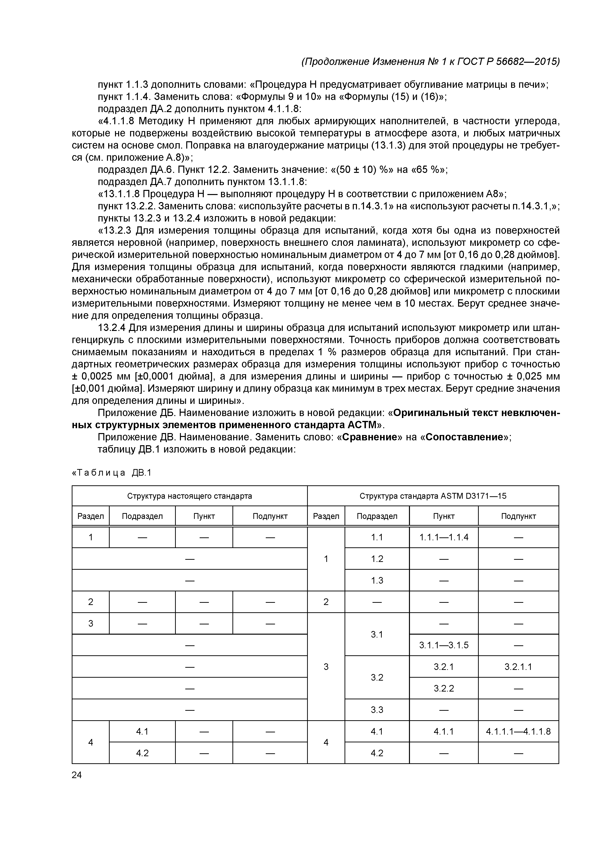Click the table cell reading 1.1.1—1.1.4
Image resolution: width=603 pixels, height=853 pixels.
pos(443,537)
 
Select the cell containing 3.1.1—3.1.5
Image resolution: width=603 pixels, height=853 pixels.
pos(443,645)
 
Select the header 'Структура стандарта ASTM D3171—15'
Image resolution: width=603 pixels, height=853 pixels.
pos(433,496)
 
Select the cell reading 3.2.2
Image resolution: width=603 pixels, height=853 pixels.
pos(443,688)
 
